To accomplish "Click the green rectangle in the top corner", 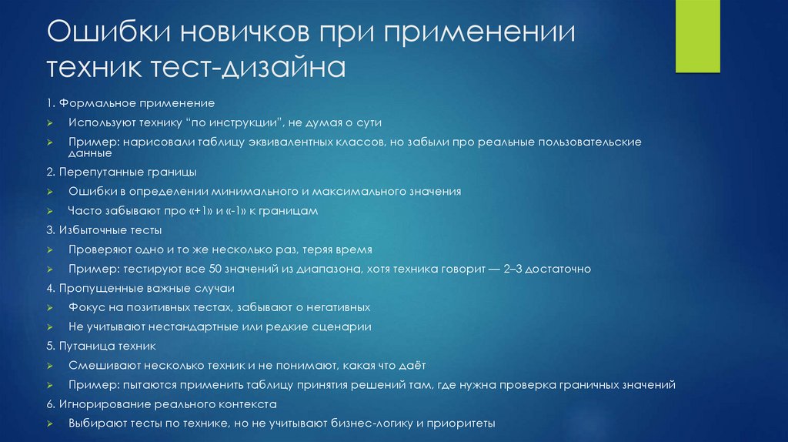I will point(698,36).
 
